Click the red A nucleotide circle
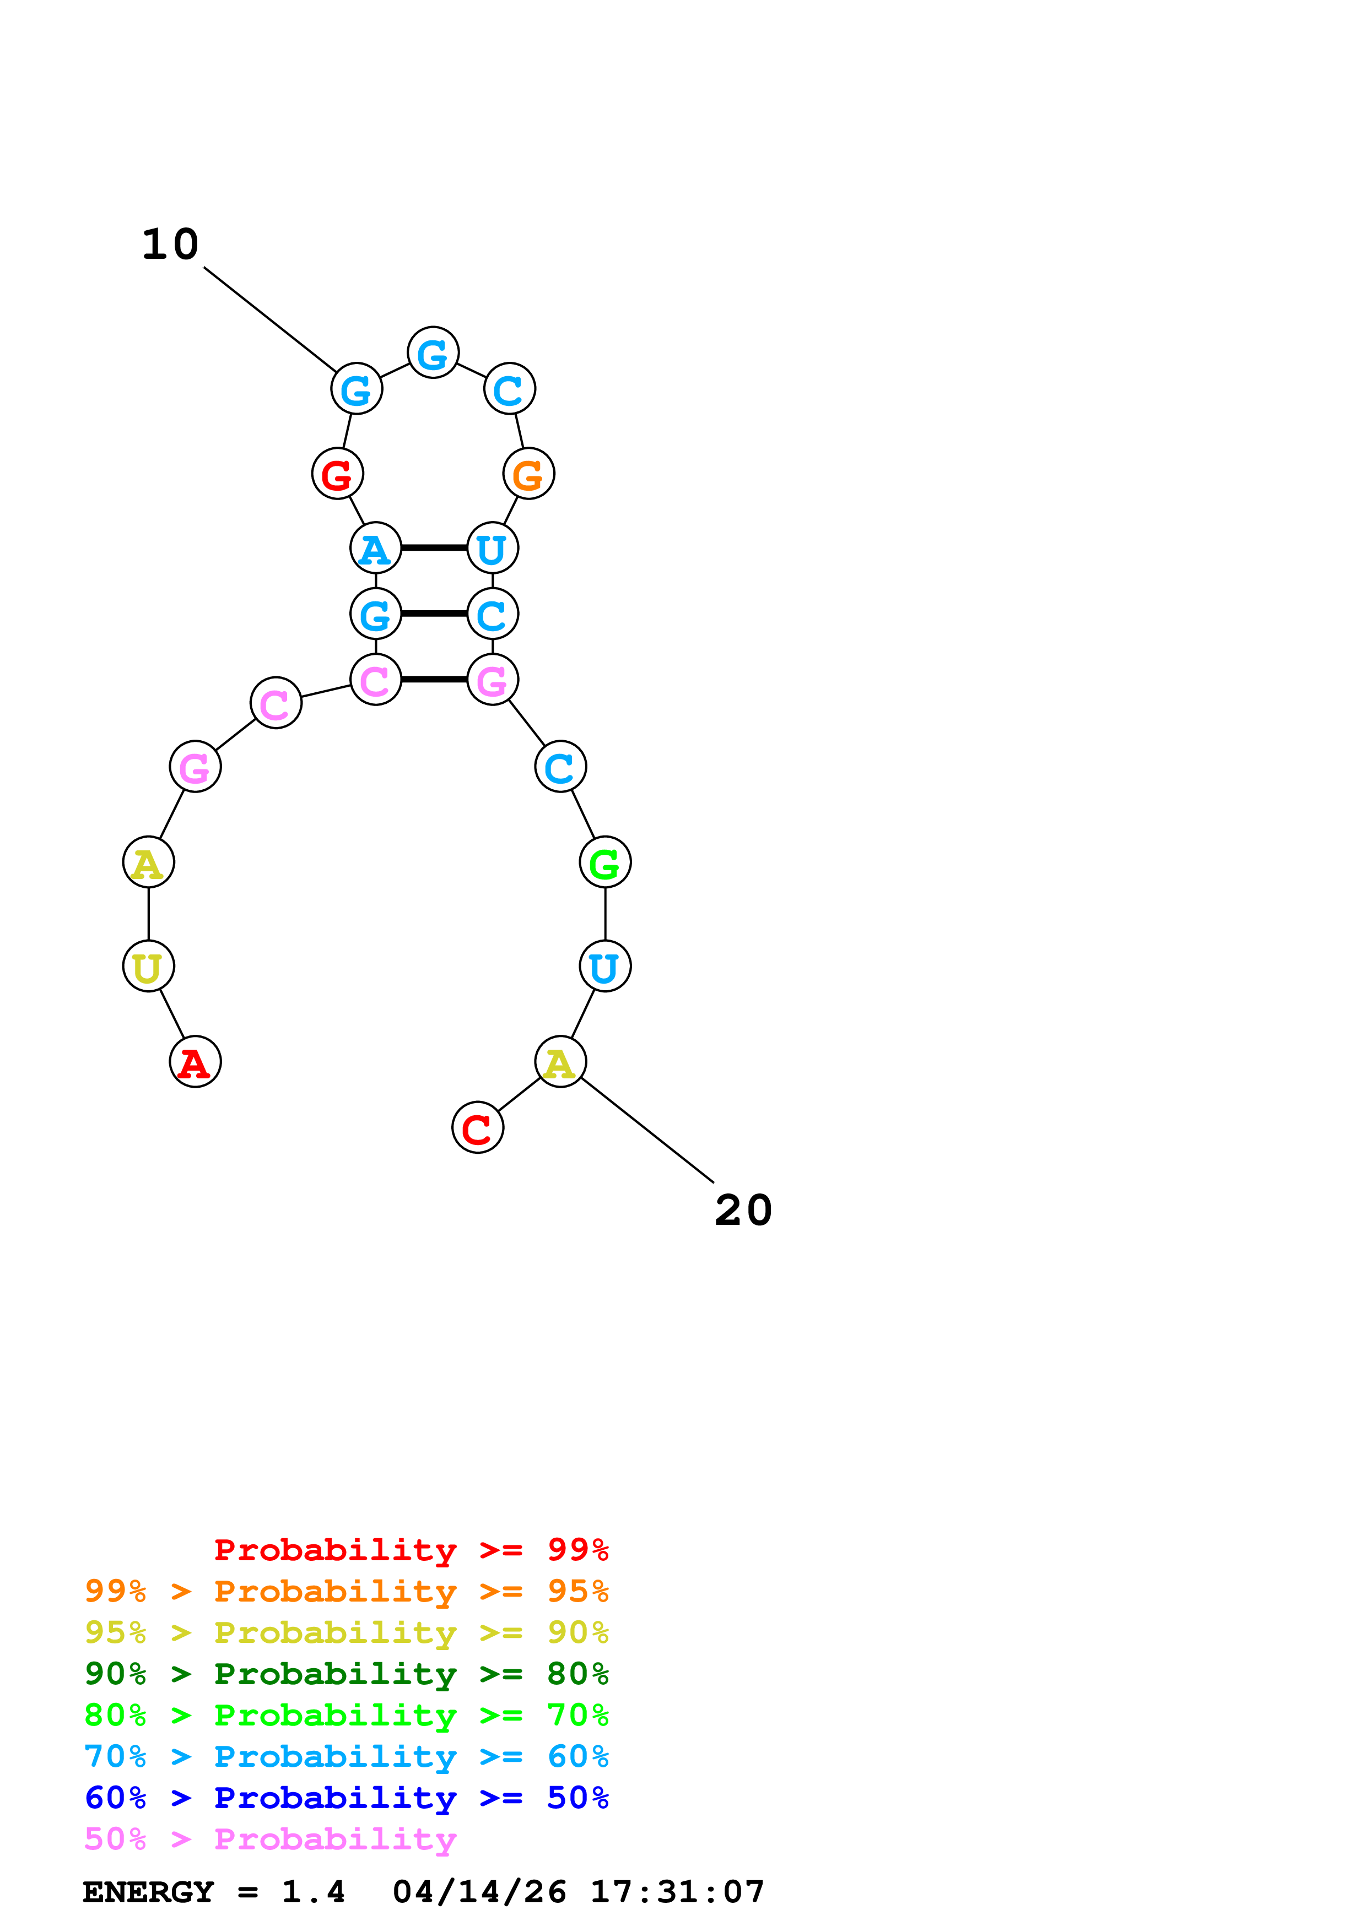point(195,1062)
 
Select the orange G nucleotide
point(528,474)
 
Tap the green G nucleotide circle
point(605,862)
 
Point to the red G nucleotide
point(337,474)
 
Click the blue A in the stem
point(375,548)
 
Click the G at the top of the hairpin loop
point(433,352)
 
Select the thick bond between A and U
point(434,548)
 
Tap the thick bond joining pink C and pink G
point(434,679)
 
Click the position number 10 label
point(170,245)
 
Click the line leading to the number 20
point(648,1130)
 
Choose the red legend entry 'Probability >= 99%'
point(411,1550)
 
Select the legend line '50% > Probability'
point(270,1839)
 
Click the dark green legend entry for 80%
point(347,1674)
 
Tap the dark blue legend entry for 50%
point(347,1798)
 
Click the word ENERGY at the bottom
point(148,1892)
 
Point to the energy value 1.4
point(313,1892)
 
